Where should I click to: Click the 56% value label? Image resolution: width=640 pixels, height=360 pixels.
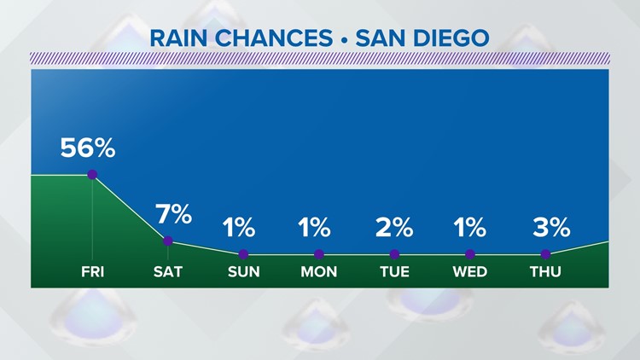coord(87,148)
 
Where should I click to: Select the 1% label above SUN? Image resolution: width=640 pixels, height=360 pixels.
coord(239,228)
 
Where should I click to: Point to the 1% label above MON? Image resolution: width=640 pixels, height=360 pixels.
coord(314,228)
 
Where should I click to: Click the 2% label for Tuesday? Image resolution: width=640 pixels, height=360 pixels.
coord(394,228)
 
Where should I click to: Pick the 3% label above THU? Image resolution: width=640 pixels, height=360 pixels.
coord(551,228)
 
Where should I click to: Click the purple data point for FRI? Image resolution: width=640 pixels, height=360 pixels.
coord(92,175)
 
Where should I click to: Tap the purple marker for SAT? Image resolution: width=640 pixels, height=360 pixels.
coord(168,241)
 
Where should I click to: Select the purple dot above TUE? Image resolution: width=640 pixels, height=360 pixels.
coord(394,254)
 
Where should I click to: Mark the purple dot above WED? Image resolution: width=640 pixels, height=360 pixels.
coord(470,254)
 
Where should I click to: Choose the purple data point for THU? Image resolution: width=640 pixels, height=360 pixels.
coord(545,254)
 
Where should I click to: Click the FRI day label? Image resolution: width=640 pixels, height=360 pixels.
coord(92,273)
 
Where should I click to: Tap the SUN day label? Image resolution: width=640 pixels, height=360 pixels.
coord(243,273)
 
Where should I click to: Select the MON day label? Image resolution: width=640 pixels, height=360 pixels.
coord(318,273)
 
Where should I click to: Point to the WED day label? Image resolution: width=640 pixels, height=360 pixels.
coord(470,273)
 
